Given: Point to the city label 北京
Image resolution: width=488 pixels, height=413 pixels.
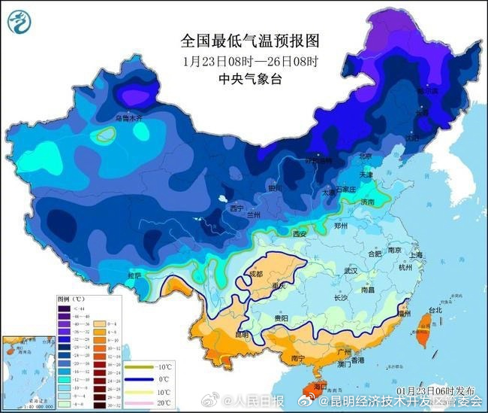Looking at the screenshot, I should [x=366, y=156].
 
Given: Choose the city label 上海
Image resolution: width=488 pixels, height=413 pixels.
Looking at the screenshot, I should [x=415, y=255].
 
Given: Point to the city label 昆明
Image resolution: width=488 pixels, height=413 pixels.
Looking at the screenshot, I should [x=241, y=333].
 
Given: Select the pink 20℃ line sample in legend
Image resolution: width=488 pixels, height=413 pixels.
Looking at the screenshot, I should [x=134, y=404].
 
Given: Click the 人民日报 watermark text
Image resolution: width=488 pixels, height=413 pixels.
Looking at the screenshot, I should [x=264, y=400].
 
